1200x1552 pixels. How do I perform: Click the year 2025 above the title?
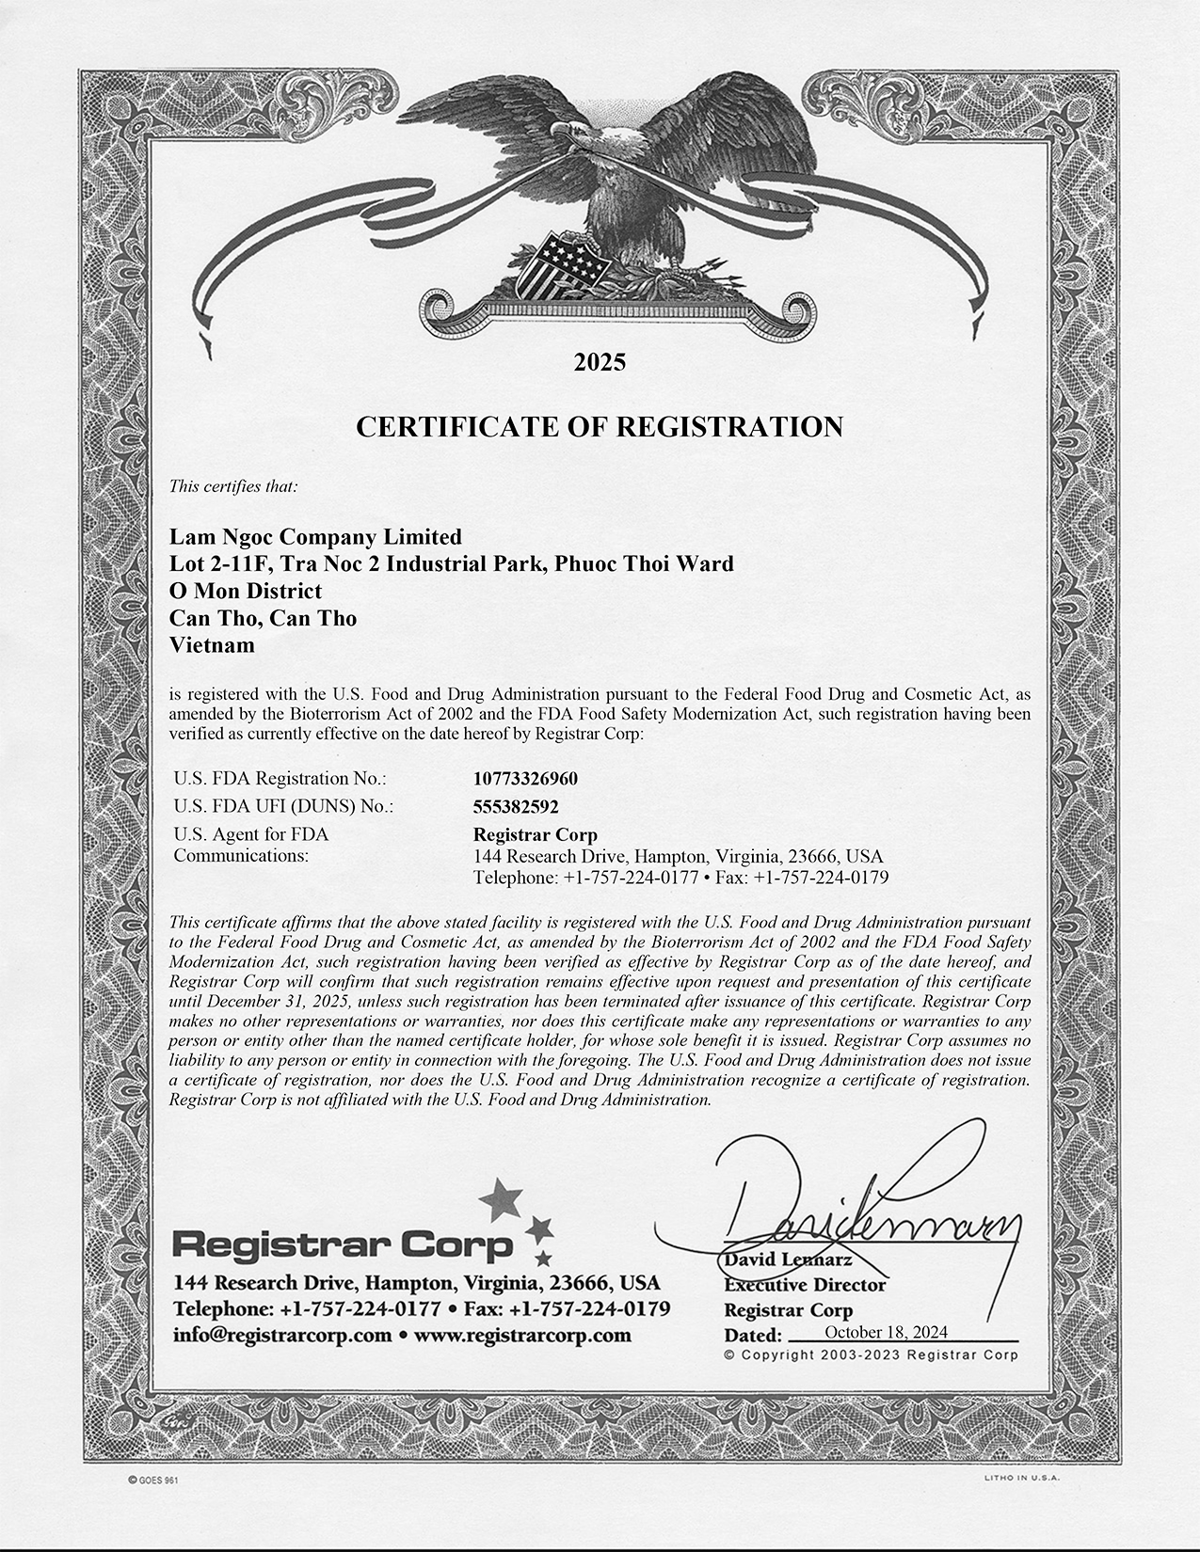tap(600, 362)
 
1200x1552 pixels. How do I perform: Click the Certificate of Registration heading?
tap(600, 427)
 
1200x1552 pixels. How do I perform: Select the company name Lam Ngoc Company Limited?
tap(315, 537)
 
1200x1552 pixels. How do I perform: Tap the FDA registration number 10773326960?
tap(525, 779)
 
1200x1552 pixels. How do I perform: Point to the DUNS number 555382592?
tap(516, 806)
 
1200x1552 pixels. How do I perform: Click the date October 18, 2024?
tap(886, 1332)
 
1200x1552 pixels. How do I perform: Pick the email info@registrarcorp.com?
tap(282, 1336)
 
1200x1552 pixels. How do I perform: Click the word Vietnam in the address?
tap(212, 646)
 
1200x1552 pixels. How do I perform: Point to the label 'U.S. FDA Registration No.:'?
tap(280, 779)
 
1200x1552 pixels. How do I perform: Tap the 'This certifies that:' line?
tap(233, 486)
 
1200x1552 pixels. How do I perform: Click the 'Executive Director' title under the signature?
tap(805, 1285)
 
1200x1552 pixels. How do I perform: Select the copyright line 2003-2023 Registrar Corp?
tap(871, 1355)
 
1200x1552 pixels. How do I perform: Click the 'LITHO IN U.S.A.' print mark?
tap(1021, 1480)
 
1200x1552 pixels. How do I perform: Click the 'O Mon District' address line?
tap(245, 592)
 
